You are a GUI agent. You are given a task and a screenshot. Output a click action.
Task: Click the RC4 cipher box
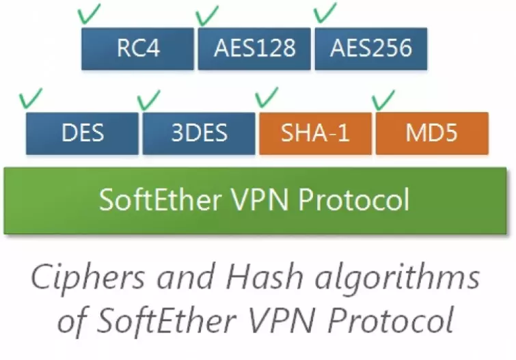(138, 48)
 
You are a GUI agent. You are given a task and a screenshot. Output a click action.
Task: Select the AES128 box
(255, 48)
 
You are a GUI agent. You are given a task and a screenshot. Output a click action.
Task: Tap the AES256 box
(371, 48)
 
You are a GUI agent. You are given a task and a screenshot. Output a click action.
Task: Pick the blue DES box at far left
(83, 133)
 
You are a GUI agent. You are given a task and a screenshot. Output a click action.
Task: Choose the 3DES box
(199, 133)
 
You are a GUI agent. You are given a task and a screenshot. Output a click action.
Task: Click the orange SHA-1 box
(316, 133)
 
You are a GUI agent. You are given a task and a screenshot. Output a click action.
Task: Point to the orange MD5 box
(432, 133)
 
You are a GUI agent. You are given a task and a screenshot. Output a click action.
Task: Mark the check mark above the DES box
(31, 98)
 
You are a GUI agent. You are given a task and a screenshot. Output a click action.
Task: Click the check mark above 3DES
(148, 100)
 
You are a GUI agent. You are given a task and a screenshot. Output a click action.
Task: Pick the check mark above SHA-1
(266, 98)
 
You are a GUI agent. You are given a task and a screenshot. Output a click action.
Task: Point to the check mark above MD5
(383, 100)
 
